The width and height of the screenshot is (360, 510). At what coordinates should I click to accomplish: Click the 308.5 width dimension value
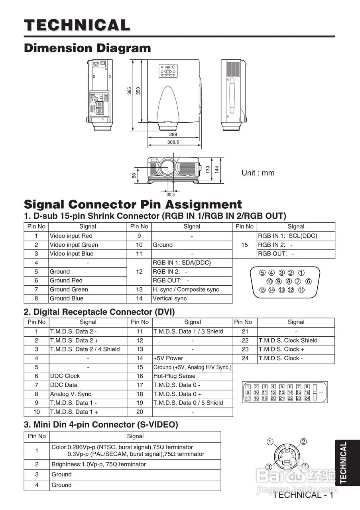[x=173, y=142]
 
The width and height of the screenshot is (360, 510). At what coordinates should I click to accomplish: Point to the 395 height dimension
[x=130, y=90]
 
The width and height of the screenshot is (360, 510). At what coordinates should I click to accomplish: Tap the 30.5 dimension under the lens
[x=171, y=195]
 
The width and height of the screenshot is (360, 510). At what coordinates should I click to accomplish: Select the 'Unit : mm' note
[x=258, y=173]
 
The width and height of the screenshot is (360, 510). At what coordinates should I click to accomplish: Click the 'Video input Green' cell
[x=74, y=245]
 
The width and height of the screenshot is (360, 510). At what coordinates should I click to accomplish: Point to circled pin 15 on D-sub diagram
[x=262, y=290]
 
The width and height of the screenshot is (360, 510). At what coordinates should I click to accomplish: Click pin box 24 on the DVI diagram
[x=307, y=398]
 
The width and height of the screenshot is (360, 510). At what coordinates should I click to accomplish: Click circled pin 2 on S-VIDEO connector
[x=303, y=441]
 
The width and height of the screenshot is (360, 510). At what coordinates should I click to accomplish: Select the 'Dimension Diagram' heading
[x=88, y=48]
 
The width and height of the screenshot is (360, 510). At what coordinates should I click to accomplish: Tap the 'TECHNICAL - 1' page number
[x=303, y=495]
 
